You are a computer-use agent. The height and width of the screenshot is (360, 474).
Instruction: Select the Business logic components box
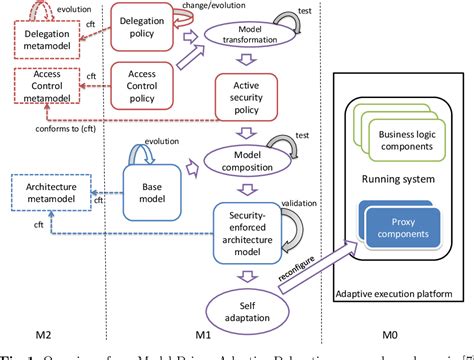(x=403, y=134)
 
